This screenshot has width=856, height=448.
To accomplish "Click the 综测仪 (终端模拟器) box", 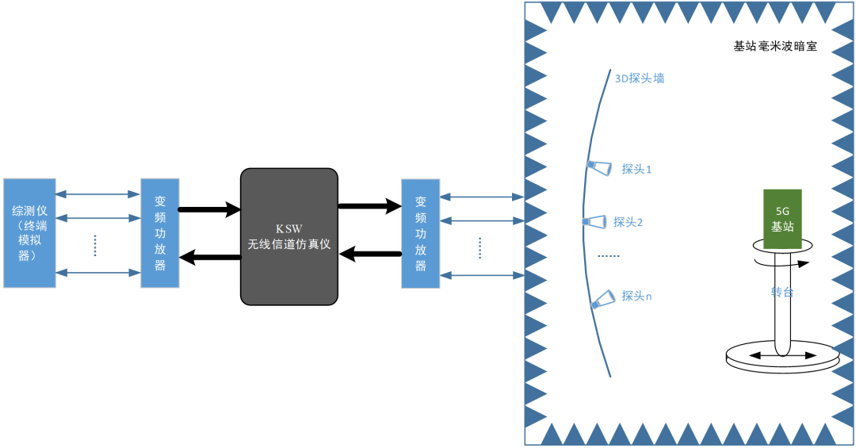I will (x=29, y=233).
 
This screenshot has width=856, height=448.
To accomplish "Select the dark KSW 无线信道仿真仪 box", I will (x=289, y=236).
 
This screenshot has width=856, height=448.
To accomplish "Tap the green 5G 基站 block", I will (x=782, y=220).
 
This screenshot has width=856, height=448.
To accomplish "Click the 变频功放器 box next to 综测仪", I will (x=160, y=233).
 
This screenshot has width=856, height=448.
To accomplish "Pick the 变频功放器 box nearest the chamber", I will (x=420, y=233).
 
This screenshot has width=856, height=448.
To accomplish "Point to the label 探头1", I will (x=636, y=169).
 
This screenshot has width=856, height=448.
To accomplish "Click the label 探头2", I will (x=628, y=222).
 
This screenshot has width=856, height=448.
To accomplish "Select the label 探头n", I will (x=636, y=296).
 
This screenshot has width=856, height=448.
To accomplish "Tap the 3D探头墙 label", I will (x=640, y=78).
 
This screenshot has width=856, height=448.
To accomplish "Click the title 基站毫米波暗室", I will (x=775, y=47).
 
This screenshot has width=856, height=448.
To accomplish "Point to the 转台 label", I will (x=782, y=292).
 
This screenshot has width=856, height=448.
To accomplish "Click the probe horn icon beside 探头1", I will (x=600, y=167).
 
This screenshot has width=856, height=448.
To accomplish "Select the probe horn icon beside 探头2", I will (x=594, y=221).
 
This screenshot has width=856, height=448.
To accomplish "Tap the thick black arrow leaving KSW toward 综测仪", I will (x=209, y=256).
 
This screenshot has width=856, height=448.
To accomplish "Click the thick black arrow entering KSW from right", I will (x=370, y=254).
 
